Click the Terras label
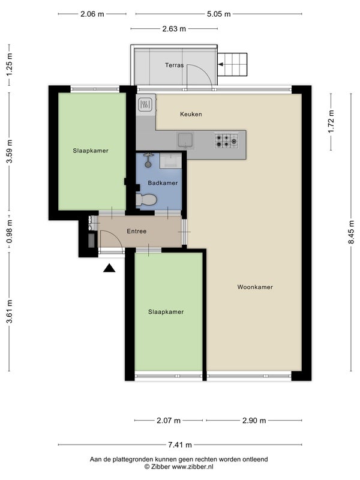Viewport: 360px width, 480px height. (174, 65)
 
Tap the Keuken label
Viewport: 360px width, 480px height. (191, 114)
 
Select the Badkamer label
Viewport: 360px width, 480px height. (163, 183)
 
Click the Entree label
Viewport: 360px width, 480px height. (137, 231)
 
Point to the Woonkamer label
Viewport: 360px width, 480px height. (255, 287)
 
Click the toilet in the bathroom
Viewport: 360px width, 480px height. (146, 200)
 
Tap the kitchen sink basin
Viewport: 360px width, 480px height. (185, 140)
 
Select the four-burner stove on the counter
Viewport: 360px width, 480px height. (227, 141)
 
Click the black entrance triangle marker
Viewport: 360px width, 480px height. (109, 268)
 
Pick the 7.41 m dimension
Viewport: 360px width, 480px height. (180, 445)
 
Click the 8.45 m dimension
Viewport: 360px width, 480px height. (351, 232)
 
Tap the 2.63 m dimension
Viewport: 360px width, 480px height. (174, 29)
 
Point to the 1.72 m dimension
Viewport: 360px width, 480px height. (331, 122)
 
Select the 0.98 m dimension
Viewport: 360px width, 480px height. (9, 232)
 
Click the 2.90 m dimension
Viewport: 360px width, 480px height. (254, 421)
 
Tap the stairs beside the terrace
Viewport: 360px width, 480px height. (232, 64)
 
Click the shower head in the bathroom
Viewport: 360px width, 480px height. (148, 160)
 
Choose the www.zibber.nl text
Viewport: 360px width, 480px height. (192, 467)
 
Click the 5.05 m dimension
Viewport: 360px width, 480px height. (218, 14)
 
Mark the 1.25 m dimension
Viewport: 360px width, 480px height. (9, 65)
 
